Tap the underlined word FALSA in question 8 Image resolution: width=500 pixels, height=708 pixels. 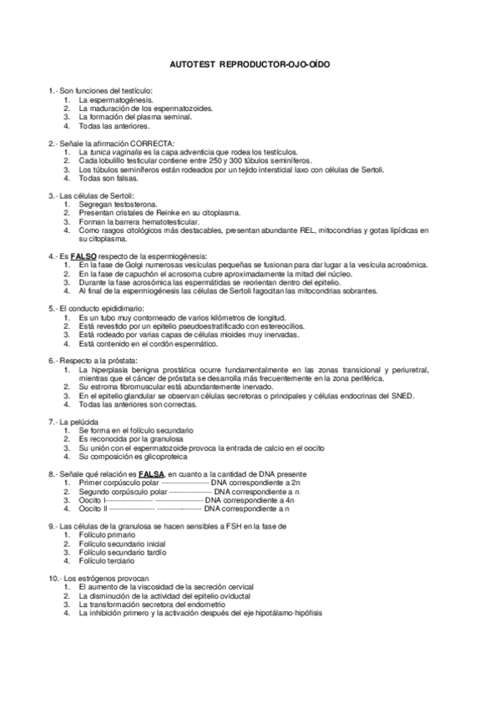click(x=152, y=474)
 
